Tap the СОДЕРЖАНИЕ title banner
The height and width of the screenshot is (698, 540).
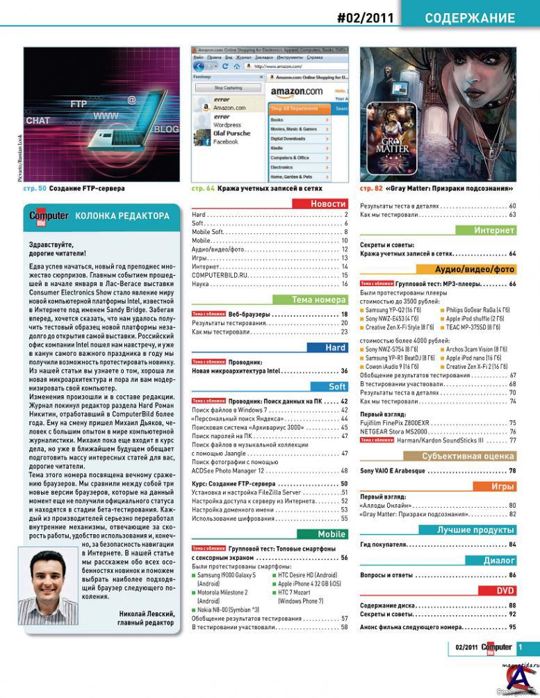tap(470, 18)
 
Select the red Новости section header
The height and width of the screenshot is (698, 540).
tap(320, 203)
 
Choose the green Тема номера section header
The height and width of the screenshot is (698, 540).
tap(320, 300)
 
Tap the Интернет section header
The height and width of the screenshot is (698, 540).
tap(486, 231)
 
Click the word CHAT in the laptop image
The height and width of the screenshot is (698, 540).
tap(38, 120)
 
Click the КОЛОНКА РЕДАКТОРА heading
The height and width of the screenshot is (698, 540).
tap(122, 216)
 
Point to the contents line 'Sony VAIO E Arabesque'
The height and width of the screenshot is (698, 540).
tap(393, 471)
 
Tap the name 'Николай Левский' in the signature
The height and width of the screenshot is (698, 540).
tap(147, 614)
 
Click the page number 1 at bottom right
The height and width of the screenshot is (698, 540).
tap(521, 647)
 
